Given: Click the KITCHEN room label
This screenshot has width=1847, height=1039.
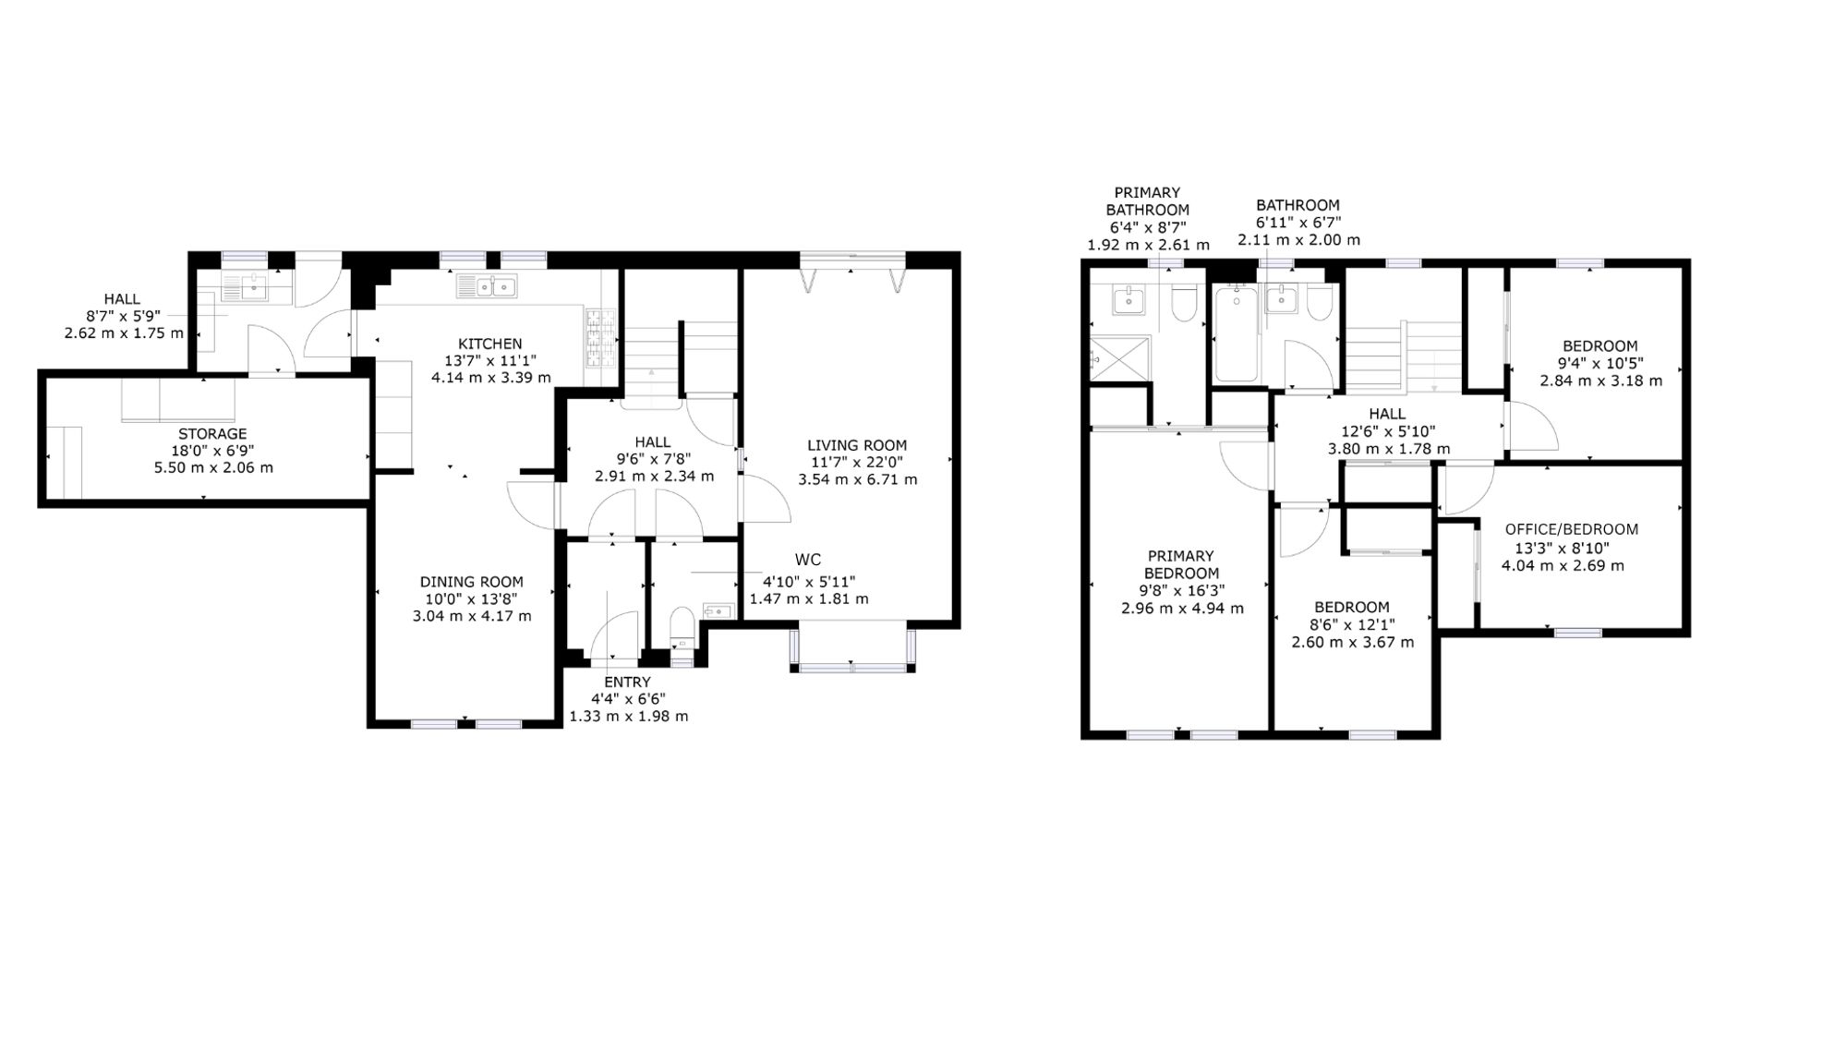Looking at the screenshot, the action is [490, 344].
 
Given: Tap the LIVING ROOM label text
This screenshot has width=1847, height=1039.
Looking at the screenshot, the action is [857, 445].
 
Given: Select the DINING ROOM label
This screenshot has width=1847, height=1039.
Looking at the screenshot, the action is [472, 582].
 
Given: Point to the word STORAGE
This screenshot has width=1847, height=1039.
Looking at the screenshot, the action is [212, 434].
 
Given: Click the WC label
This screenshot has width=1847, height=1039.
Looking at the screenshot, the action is [808, 560].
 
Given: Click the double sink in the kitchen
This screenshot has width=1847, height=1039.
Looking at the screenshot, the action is [487, 286].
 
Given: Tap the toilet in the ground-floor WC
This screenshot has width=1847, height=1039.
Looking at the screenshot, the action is [682, 625].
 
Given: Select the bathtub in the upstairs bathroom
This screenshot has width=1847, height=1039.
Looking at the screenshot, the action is [1236, 333].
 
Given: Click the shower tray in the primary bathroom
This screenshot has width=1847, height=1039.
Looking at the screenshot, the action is [1120, 358].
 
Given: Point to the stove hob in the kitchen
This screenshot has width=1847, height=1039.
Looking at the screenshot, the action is [598, 338].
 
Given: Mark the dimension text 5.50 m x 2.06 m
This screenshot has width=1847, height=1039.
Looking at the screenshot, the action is [213, 468].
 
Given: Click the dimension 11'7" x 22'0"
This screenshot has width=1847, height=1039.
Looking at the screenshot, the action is [857, 463].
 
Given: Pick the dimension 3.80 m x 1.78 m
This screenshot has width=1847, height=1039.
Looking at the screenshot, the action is [1388, 449].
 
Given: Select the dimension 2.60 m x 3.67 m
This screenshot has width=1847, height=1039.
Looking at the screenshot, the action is [1352, 642].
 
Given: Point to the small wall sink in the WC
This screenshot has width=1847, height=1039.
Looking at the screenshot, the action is [718, 610].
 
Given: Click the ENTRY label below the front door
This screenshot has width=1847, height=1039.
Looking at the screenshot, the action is [628, 683].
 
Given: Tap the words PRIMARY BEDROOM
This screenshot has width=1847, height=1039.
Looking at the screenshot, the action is [1181, 564].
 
